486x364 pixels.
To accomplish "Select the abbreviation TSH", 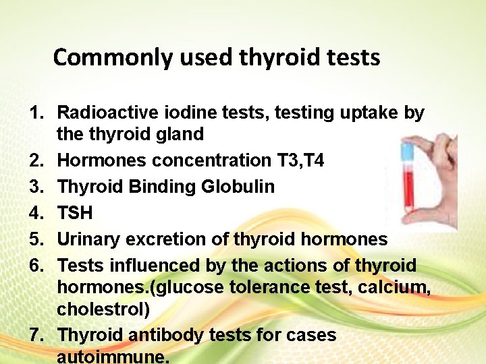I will tap(76, 213).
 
